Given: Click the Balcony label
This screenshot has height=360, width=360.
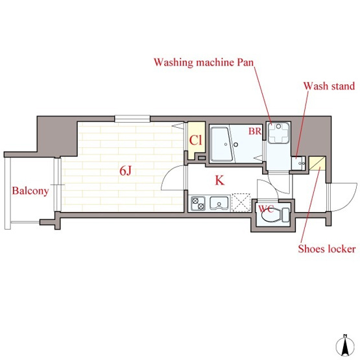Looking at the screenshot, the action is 30,191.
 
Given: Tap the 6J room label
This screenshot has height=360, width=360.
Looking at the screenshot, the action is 125,171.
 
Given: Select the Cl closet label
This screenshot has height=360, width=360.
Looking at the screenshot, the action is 196,140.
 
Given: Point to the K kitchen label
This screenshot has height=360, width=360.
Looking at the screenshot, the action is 219,180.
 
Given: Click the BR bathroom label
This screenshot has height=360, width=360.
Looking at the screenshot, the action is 255,131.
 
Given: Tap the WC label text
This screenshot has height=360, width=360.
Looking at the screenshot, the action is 266,209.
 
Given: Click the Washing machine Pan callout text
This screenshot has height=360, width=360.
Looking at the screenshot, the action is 204,62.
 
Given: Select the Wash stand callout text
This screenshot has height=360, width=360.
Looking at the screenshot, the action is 329,86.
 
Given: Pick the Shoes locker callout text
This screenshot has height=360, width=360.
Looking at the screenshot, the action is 327,249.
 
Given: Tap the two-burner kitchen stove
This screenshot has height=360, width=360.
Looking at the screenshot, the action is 198,204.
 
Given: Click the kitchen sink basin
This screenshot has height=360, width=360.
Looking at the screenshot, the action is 219,204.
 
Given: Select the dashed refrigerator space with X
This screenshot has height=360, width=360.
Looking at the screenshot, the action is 241,202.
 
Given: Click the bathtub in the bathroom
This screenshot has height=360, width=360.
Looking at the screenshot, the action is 222,144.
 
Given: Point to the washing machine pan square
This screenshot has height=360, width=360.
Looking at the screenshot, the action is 278,133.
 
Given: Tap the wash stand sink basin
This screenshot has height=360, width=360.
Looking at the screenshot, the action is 298,163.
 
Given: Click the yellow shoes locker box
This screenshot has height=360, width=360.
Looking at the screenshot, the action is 317,163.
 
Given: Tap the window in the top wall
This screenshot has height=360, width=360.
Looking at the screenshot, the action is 132,119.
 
